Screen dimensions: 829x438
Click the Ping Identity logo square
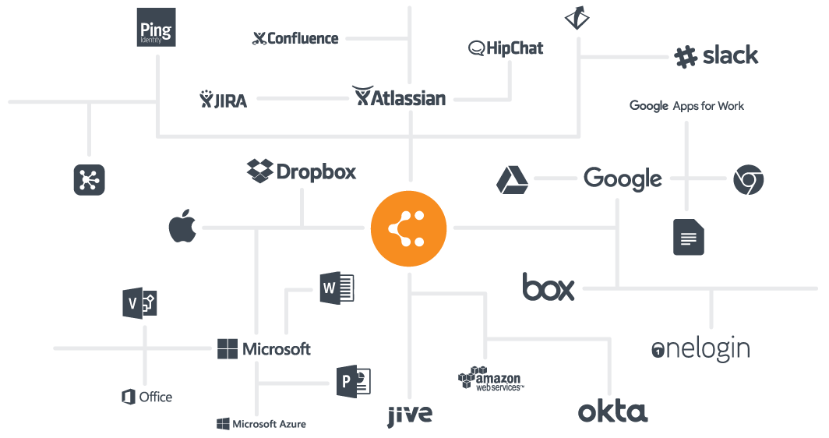pyautogui.click(x=156, y=27)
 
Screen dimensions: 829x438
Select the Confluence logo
pyautogui.click(x=295, y=38)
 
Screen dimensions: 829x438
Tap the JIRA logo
pyautogui.click(x=223, y=100)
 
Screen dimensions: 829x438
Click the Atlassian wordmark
pyautogui.click(x=400, y=97)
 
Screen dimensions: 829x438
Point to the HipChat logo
pyautogui.click(x=506, y=48)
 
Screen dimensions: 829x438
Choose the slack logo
pyautogui.click(x=716, y=55)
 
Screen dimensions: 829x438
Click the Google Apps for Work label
pyautogui.click(x=686, y=106)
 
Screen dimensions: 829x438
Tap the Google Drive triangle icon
pyautogui.click(x=512, y=180)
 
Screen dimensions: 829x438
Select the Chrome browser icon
pyautogui.click(x=748, y=179)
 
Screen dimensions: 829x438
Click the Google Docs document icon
pyautogui.click(x=689, y=238)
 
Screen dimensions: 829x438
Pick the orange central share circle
pyautogui.click(x=409, y=228)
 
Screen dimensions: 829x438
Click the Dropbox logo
pyautogui.click(x=302, y=171)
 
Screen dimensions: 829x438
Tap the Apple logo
pyautogui.click(x=182, y=226)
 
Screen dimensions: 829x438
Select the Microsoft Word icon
pyautogui.click(x=337, y=288)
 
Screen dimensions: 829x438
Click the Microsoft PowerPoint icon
pyautogui.click(x=354, y=381)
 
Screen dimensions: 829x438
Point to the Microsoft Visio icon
pyautogui.click(x=139, y=304)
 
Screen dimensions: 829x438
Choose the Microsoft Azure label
pyautogui.click(x=261, y=424)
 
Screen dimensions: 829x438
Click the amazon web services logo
pyautogui.click(x=491, y=379)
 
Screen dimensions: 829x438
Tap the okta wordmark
pyautogui.click(x=612, y=412)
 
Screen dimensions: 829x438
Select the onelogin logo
pyautogui.click(x=700, y=349)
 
